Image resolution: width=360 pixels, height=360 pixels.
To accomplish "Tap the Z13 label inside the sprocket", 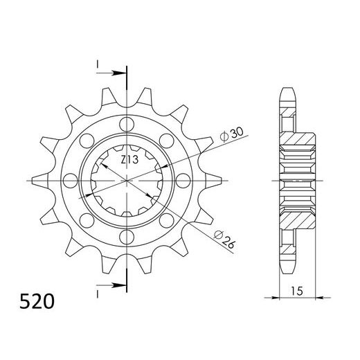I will pyautogui.click(x=129, y=160).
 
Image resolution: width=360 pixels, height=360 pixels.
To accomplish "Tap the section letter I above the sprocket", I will pyautogui.click(x=98, y=64).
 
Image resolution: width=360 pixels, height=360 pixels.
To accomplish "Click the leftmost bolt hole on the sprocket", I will pyautogui.click(x=71, y=181).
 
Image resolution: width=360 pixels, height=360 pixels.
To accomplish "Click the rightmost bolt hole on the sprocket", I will pyautogui.click(x=183, y=181).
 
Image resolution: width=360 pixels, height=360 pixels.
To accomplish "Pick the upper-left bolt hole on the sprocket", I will pyautogui.click(x=87, y=141).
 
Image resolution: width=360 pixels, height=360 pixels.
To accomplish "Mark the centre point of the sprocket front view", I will pyautogui.click(x=127, y=181).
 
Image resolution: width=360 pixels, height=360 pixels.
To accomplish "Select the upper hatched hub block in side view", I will pyautogui.click(x=300, y=146).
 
